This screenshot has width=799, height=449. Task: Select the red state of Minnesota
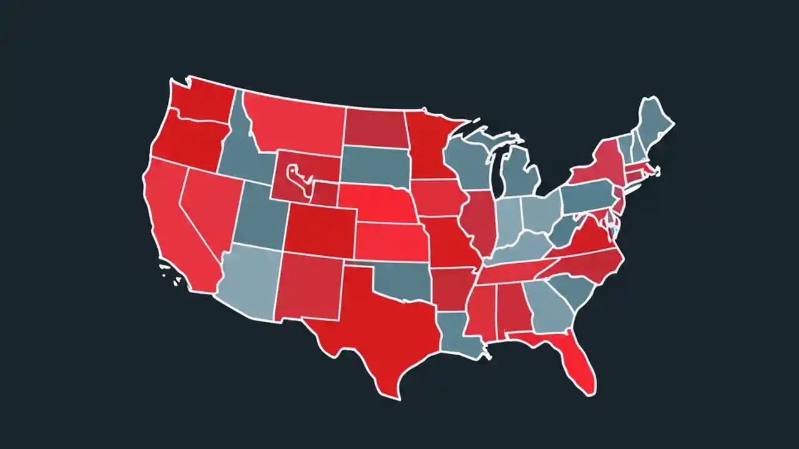[x=431, y=147]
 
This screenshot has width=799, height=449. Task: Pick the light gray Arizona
[x=250, y=281]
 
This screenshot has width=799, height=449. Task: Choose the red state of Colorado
[x=321, y=231]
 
